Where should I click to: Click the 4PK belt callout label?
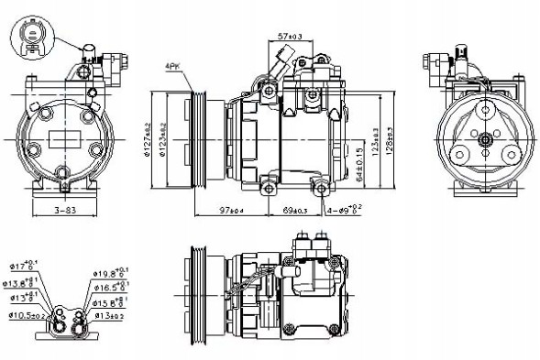[x=172, y=67]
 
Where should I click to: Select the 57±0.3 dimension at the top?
[x=290, y=36]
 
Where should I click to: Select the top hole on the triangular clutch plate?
[x=482, y=112]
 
